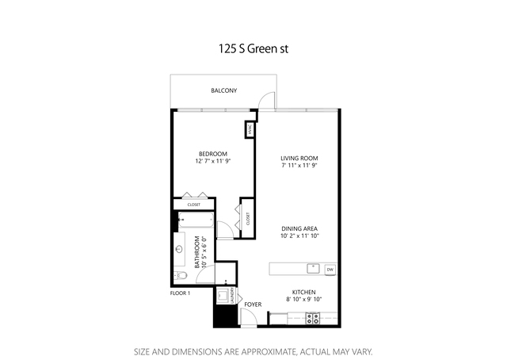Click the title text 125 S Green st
coord(253,48)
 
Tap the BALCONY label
coord(223,91)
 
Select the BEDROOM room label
coord(212,153)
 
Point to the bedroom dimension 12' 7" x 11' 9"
coord(212,161)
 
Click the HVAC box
coord(249,129)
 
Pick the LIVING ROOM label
coord(299,158)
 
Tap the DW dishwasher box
coord(330,270)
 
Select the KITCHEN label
coord(304,291)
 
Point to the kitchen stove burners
coord(313,319)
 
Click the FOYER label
coord(253,304)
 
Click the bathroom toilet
coord(181,275)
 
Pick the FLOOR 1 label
coord(180,293)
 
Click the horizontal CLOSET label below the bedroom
coord(194,205)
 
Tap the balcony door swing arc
coord(271,98)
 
